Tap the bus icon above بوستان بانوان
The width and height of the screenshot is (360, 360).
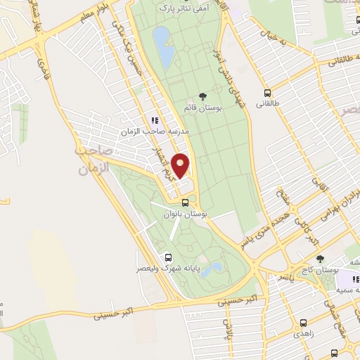click(x=185, y=203)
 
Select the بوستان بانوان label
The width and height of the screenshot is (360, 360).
click(x=186, y=214)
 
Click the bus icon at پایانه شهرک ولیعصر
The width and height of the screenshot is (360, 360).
click(x=168, y=257)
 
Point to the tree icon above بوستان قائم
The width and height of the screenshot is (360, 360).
click(x=203, y=96)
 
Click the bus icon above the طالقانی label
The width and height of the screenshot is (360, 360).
click(x=267, y=92)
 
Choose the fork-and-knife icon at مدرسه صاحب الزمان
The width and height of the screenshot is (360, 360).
click(x=155, y=120)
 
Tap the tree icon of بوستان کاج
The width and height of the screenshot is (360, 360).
click(x=320, y=259)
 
